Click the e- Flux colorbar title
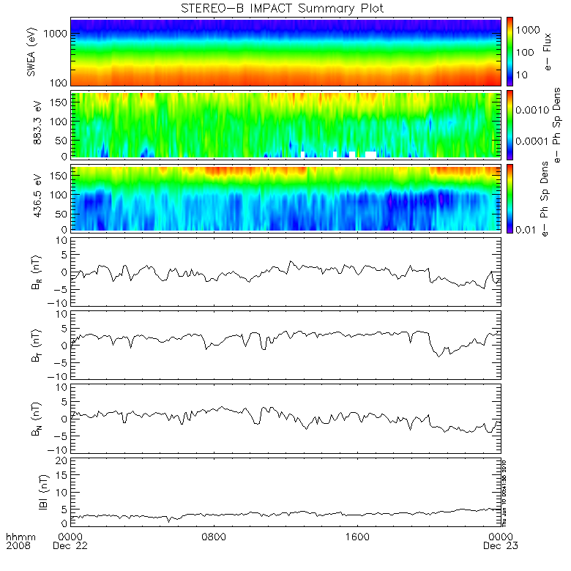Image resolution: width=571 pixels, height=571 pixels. pyautogui.click(x=548, y=51)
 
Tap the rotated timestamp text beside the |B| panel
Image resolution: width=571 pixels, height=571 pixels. pyautogui.click(x=504, y=491)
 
